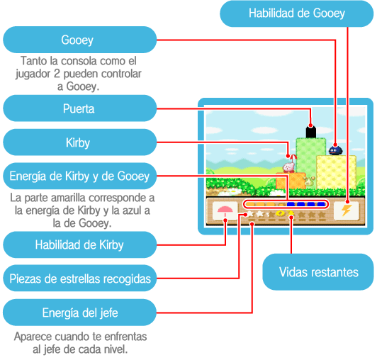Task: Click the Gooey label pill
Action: pyautogui.click(x=79, y=40)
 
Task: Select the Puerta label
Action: pyautogui.click(x=79, y=108)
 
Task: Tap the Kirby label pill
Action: pyautogui.click(x=79, y=142)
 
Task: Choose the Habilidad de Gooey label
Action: pyautogui.click(x=297, y=13)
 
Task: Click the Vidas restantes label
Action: pyautogui.click(x=318, y=272)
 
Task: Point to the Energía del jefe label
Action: pyautogui.click(x=79, y=313)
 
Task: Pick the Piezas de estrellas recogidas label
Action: pyautogui.click(x=79, y=279)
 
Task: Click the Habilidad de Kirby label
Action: pyautogui.click(x=79, y=244)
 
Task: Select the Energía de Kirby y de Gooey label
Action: pyautogui.click(x=79, y=176)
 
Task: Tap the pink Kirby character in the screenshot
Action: pyautogui.click(x=288, y=167)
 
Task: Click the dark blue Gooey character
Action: pyautogui.click(x=335, y=150)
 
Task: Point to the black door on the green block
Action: pyautogui.click(x=311, y=132)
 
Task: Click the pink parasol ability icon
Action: pyautogui.click(x=225, y=210)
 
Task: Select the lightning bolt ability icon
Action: pyautogui.click(x=347, y=210)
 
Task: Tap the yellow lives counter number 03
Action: pyautogui.click(x=284, y=213)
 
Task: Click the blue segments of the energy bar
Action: pyautogui.click(x=306, y=204)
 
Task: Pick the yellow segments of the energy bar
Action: pyautogui.click(x=266, y=205)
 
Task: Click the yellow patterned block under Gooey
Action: pyautogui.click(x=336, y=172)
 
